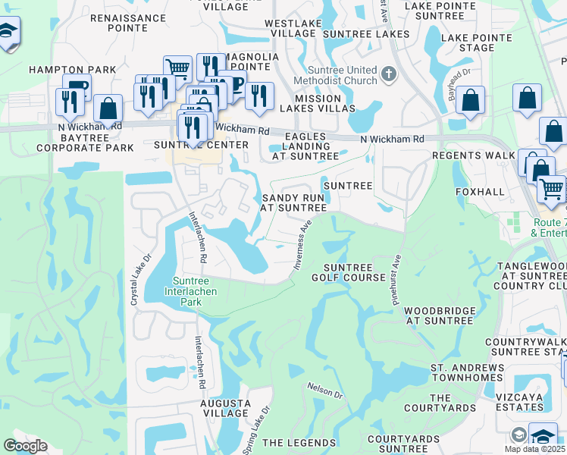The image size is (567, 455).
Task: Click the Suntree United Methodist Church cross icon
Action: tap(390, 74)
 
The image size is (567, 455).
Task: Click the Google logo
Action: tap(25, 446)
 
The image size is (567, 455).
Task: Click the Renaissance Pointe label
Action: tap(118, 22)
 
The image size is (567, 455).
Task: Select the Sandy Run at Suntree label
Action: tap(293, 202)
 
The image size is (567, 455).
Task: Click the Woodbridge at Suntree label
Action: tap(439, 315)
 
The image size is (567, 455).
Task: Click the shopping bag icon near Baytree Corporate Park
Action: tap(108, 109)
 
